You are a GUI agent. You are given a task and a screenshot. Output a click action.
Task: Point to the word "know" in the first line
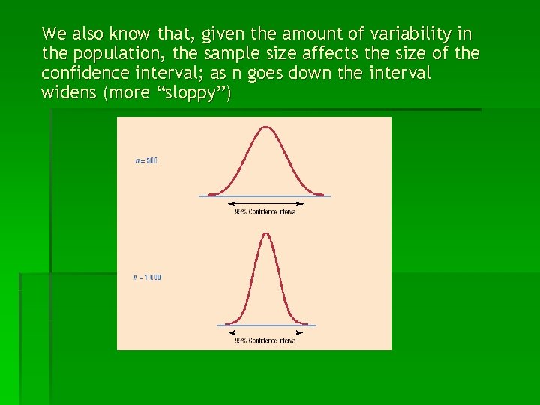pos(128,34)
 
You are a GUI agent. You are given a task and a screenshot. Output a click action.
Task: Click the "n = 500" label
pos(146,160)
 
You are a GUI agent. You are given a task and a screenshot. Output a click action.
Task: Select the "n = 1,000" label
pos(147,277)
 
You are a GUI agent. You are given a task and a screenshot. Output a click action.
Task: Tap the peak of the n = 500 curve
pos(265,128)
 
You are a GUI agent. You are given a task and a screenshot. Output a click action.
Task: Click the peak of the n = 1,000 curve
pos(265,234)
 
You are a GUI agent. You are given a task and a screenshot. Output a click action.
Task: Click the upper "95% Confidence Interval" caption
pos(265,212)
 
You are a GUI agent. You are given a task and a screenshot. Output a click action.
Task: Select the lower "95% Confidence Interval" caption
pos(265,340)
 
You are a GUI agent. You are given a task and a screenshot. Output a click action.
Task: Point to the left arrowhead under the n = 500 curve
pos(231,204)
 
